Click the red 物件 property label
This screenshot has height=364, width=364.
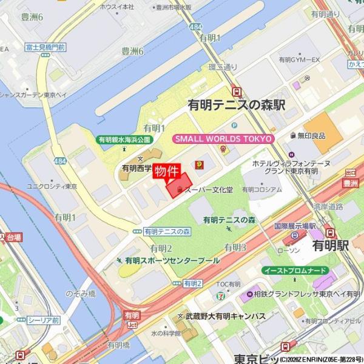pos(166,171)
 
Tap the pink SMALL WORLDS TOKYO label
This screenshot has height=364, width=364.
pos(223,139)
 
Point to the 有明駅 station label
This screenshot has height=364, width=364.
pos(330,245)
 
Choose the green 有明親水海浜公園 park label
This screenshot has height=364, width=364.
pos(125,140)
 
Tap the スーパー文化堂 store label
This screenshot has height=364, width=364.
pos(208,190)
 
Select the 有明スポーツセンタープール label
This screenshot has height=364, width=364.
pos(172,260)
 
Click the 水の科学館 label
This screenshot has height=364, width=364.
pos(166,333)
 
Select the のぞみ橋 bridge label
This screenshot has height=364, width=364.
pos(81,293)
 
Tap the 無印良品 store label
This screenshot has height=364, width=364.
pos(311,136)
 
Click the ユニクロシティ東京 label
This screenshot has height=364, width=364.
pos(52,186)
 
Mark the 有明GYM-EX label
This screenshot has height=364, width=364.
pos(299,60)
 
